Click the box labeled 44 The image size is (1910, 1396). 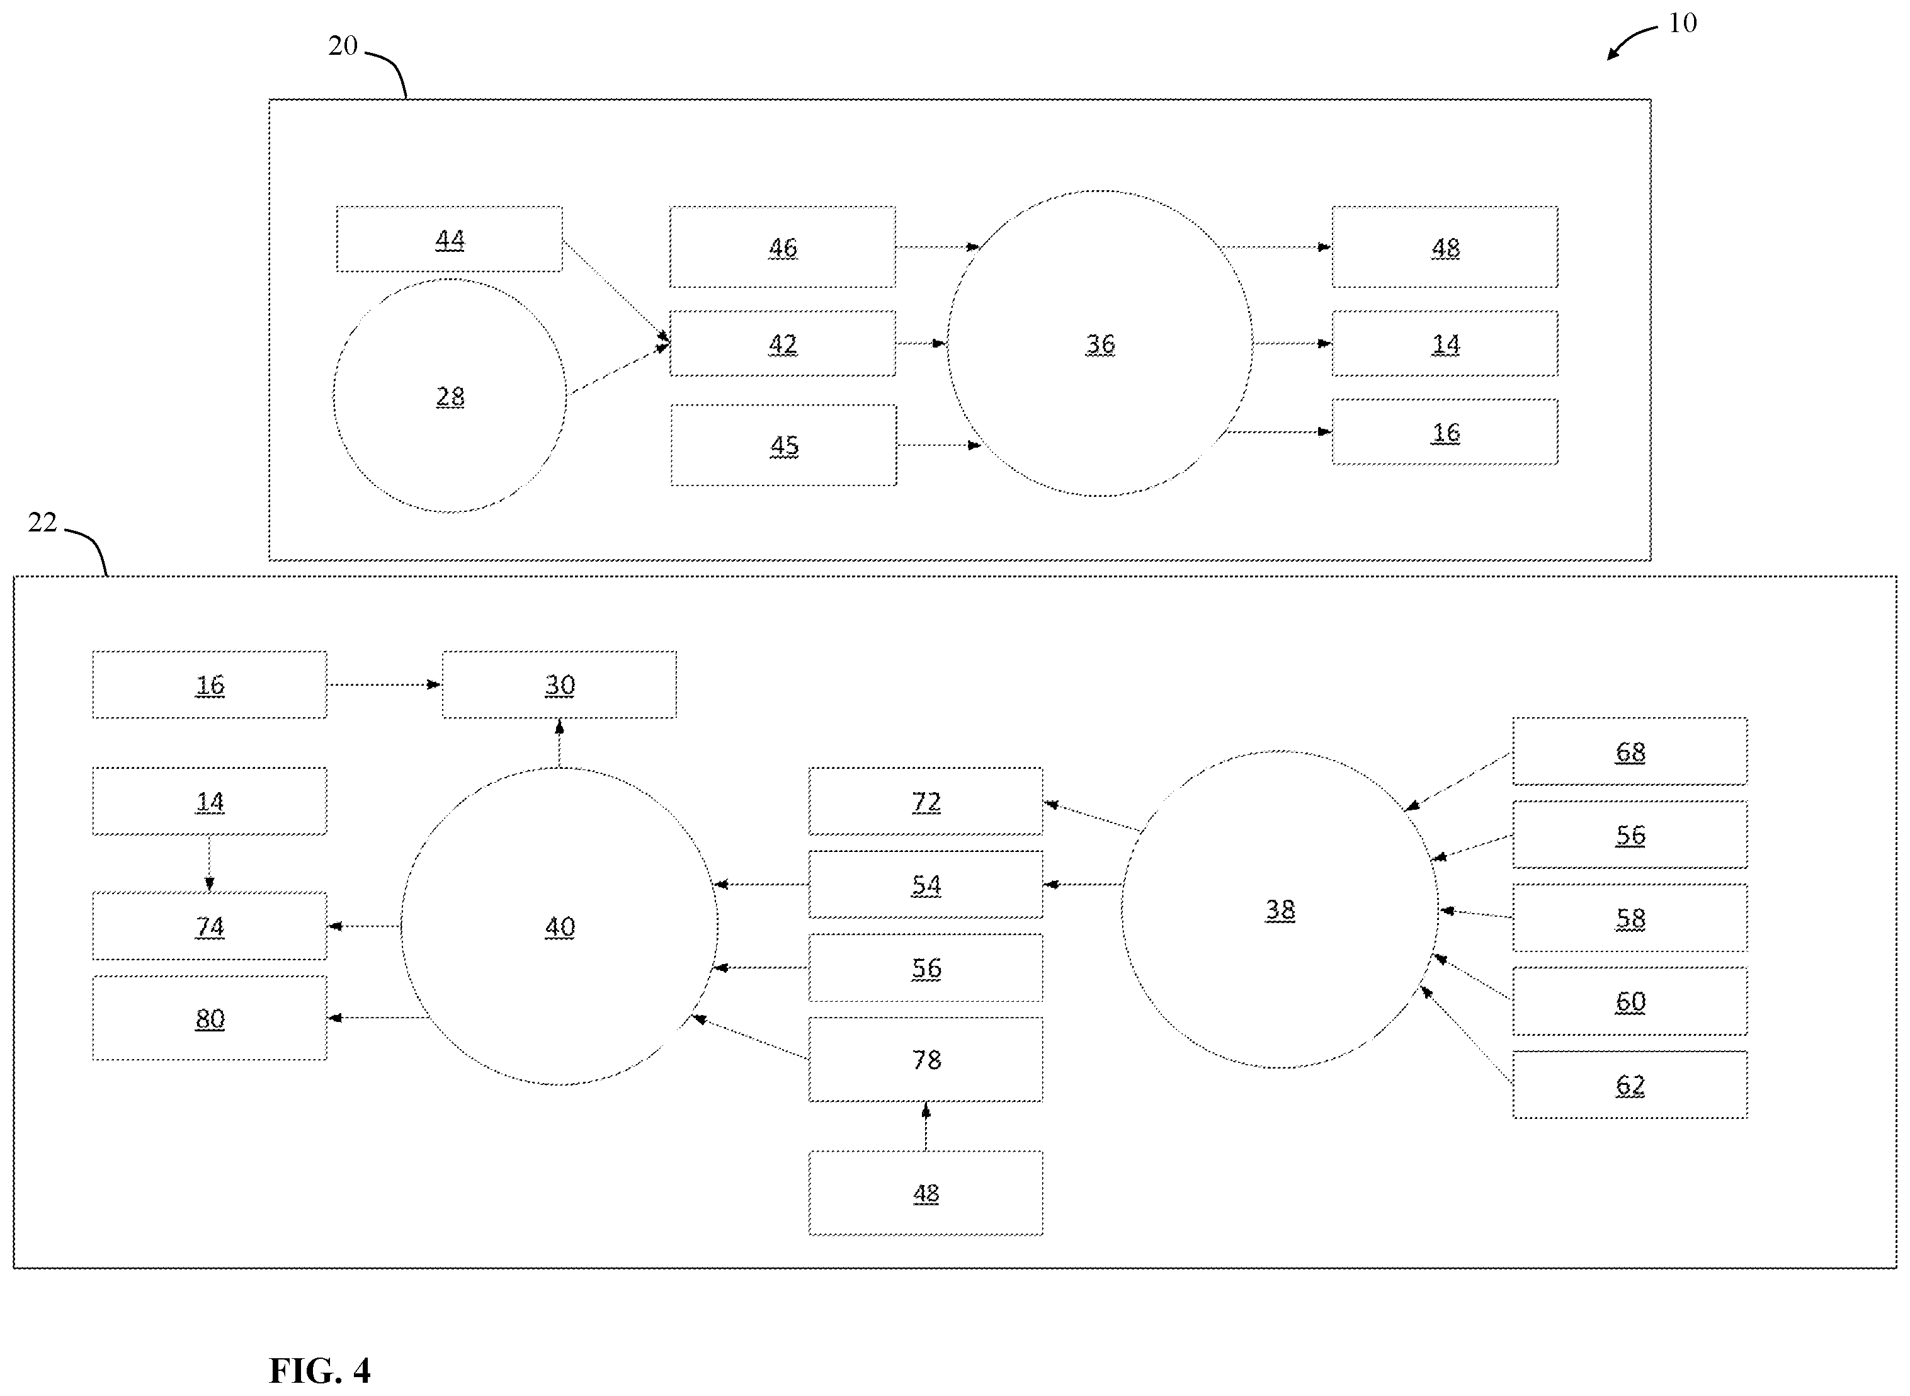[x=449, y=239]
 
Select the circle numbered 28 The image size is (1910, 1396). [x=450, y=395]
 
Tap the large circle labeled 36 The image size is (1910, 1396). [x=1100, y=343]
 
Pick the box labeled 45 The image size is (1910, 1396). [x=783, y=445]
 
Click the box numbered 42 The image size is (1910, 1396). [x=783, y=343]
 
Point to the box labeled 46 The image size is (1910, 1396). [x=783, y=247]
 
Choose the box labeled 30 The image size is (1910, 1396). [x=559, y=684]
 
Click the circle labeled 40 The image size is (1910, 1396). [x=559, y=926]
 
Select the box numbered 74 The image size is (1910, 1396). [x=210, y=926]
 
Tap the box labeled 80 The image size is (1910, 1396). [x=210, y=1018]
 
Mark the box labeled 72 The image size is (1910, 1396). [x=926, y=801]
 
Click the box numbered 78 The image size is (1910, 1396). [x=926, y=1060]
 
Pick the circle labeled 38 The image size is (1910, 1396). [x=1280, y=909]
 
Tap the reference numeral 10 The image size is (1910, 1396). [x=1682, y=23]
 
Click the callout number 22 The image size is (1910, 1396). [x=42, y=522]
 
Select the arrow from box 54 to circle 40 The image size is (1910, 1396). [x=761, y=885]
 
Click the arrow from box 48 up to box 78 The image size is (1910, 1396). [x=926, y=1126]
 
